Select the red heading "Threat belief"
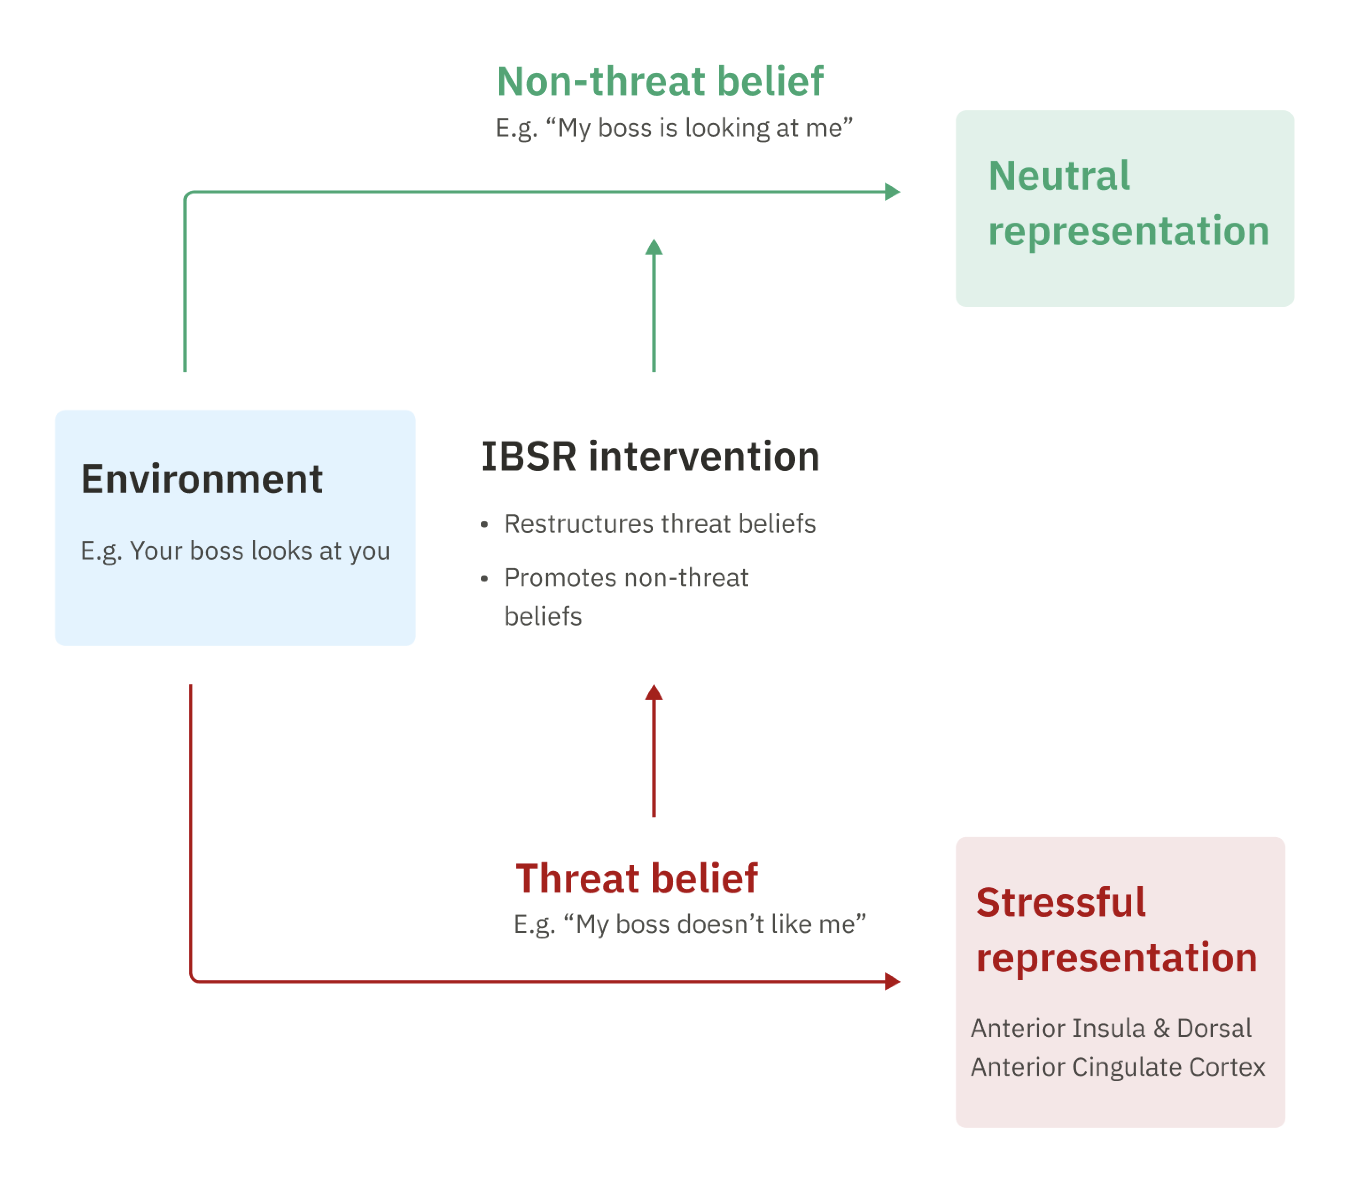[636, 879]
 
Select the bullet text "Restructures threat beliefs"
[660, 523]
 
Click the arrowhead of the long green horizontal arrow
[893, 192]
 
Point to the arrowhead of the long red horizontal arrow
[893, 981]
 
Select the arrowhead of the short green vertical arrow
[654, 247]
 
